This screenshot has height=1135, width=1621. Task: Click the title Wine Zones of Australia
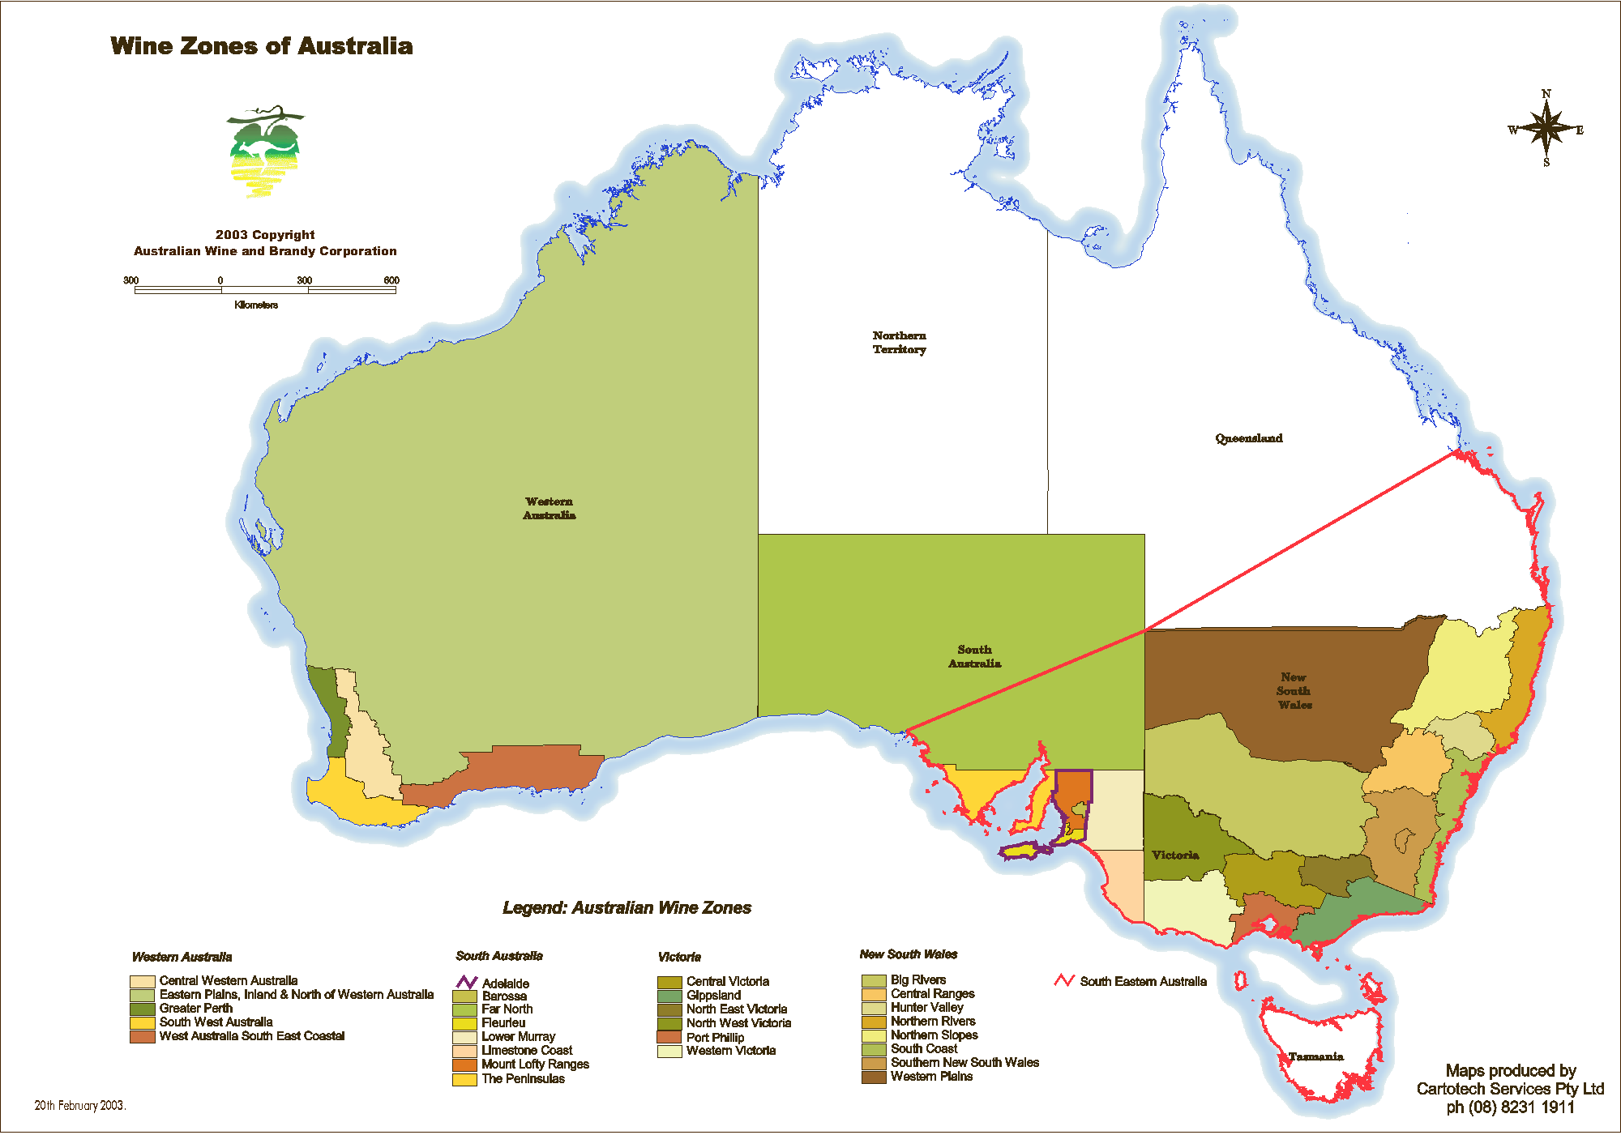tap(261, 46)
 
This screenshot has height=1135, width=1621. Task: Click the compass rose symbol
tap(1546, 129)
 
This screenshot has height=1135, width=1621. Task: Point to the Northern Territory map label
tap(899, 342)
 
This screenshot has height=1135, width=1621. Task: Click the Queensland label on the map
tap(1248, 438)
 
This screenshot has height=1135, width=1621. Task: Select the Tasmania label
tap(1315, 1056)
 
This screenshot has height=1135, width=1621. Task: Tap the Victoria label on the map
tap(1174, 855)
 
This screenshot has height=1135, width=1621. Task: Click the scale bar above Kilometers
tap(265, 289)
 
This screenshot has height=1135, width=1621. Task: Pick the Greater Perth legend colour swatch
tap(142, 1009)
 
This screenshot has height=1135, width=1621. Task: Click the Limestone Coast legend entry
tap(526, 1050)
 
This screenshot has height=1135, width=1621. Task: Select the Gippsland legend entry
tap(713, 995)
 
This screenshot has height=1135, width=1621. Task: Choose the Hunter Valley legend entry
tap(926, 1007)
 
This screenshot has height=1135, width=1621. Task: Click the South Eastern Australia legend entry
tap(1142, 981)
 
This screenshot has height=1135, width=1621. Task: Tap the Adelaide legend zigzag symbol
tap(466, 983)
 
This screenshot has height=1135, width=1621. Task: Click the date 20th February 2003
tap(79, 1105)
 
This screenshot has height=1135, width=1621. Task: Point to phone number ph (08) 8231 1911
tap(1510, 1107)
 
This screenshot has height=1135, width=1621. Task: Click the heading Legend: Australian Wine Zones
tap(627, 907)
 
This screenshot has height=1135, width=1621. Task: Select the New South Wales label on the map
tap(1294, 691)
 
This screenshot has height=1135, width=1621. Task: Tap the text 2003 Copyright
tap(265, 234)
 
